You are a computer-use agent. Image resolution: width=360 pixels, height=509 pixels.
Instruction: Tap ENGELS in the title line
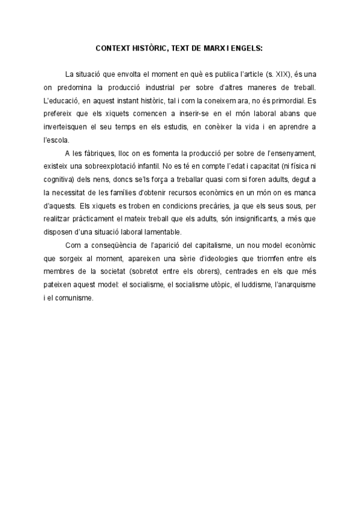click(x=247, y=47)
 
